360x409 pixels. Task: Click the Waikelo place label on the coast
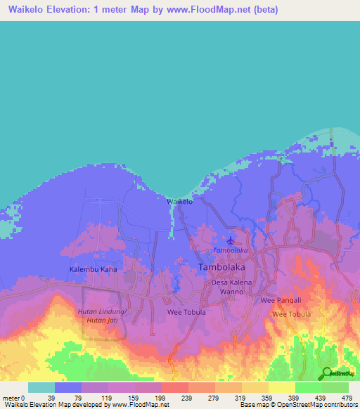pos(179,202)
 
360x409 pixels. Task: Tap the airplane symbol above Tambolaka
pos(230,240)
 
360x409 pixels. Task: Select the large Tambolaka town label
pos(222,267)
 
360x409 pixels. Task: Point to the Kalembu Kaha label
pos(92,269)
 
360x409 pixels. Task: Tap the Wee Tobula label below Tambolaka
pos(186,312)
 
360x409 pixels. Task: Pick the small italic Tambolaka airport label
pos(226,251)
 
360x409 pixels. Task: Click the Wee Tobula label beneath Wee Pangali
pos(291,314)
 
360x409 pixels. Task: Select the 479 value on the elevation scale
pos(345,397)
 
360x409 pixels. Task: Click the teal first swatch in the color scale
pos(41,387)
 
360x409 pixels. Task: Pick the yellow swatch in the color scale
pos(282,387)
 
